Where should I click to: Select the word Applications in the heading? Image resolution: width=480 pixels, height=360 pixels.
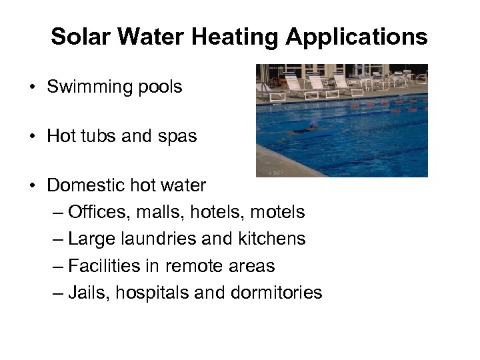357,37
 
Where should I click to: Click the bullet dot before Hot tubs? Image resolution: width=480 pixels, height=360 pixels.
32,137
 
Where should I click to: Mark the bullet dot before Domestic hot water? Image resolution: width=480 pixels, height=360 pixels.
32,186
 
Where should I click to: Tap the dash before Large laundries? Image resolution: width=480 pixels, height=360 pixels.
58,239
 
